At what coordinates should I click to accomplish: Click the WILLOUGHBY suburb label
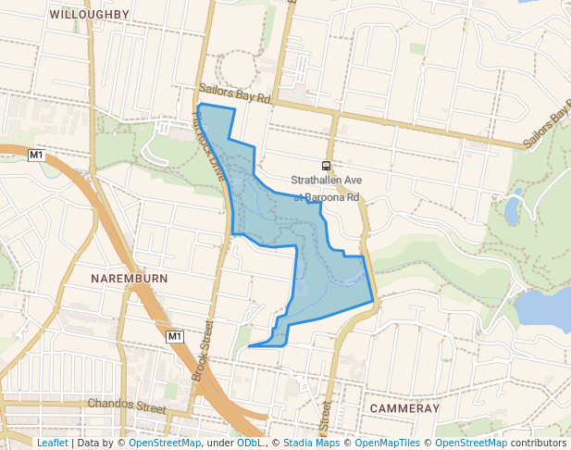point(90,14)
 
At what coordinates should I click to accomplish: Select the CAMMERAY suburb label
point(403,408)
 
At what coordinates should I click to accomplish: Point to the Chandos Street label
point(126,405)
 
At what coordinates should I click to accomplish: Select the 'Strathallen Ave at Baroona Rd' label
point(326,188)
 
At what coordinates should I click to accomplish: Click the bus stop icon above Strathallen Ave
point(326,166)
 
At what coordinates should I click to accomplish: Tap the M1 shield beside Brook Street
point(176,336)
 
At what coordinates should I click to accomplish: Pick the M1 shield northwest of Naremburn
point(36,155)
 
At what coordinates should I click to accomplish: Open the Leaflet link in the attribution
point(52,443)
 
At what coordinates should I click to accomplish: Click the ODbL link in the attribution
point(249,443)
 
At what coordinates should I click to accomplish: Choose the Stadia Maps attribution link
point(312,443)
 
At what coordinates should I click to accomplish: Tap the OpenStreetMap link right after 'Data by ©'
point(165,443)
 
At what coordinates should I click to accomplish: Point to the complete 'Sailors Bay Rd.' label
point(235,96)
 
